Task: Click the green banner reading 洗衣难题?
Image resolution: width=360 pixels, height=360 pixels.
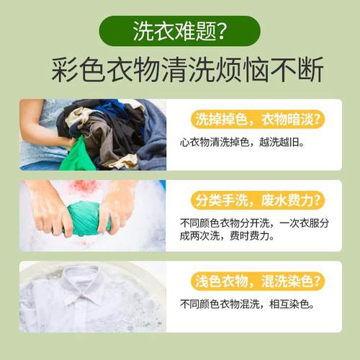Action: tap(179, 32)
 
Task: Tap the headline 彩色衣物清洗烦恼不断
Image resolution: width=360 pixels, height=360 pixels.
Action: tap(180, 71)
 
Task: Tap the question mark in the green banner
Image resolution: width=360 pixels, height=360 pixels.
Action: tap(222, 32)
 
